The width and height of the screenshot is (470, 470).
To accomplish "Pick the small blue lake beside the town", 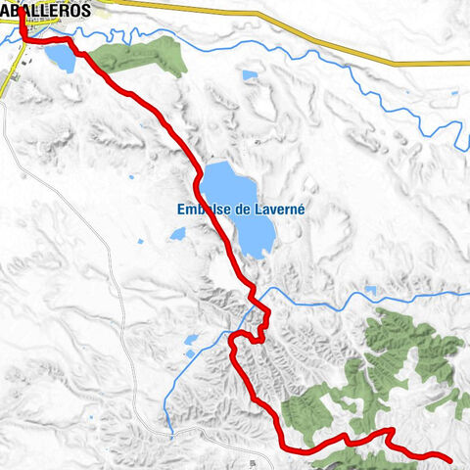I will click(x=59, y=58).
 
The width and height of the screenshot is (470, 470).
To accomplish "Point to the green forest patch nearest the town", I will click(x=147, y=58).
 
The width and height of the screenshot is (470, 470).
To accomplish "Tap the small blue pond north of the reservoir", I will click(x=251, y=75).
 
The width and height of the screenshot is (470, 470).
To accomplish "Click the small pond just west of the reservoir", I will click(x=178, y=234).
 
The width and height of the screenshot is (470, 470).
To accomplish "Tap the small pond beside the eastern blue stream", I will click(x=371, y=290).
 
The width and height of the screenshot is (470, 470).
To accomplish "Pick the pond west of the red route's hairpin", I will click(x=192, y=340).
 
